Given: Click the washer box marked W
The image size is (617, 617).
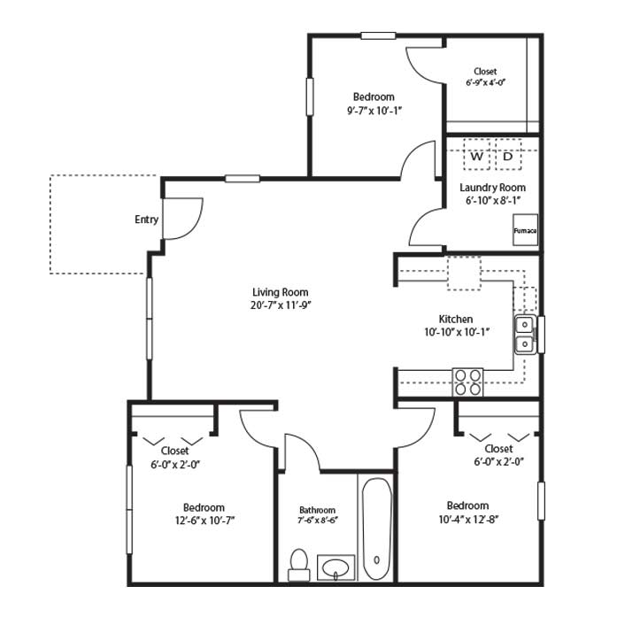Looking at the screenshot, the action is (476, 154).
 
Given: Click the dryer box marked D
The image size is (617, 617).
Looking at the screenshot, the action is (508, 154).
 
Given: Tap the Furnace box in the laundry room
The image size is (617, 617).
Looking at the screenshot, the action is (525, 230).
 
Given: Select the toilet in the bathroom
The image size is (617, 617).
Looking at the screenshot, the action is (298, 565).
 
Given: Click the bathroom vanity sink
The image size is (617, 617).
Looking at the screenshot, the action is (335, 567).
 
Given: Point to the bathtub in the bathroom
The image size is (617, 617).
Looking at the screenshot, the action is (376, 528).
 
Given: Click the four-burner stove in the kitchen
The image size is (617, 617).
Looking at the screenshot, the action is (467, 382).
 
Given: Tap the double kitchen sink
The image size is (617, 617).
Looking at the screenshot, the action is (525, 335).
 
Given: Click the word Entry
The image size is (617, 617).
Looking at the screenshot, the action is (146, 220).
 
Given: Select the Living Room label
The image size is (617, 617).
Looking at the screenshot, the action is (280, 292).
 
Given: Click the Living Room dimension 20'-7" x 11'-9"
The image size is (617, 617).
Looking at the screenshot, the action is (281, 305).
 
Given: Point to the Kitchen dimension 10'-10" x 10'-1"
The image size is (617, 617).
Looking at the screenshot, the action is (457, 332).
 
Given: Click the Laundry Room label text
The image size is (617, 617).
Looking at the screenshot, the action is (493, 188).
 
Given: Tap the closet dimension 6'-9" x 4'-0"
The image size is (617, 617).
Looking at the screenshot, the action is (485, 82).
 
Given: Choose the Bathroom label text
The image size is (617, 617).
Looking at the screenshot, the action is (318, 511).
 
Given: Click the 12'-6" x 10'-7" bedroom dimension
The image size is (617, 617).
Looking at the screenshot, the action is (204, 521).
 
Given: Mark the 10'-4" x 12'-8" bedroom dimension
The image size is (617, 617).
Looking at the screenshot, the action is (468, 520).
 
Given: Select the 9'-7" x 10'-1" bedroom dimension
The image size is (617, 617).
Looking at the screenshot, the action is (374, 111).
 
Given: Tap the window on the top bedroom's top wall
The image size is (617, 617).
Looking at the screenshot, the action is (378, 35).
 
